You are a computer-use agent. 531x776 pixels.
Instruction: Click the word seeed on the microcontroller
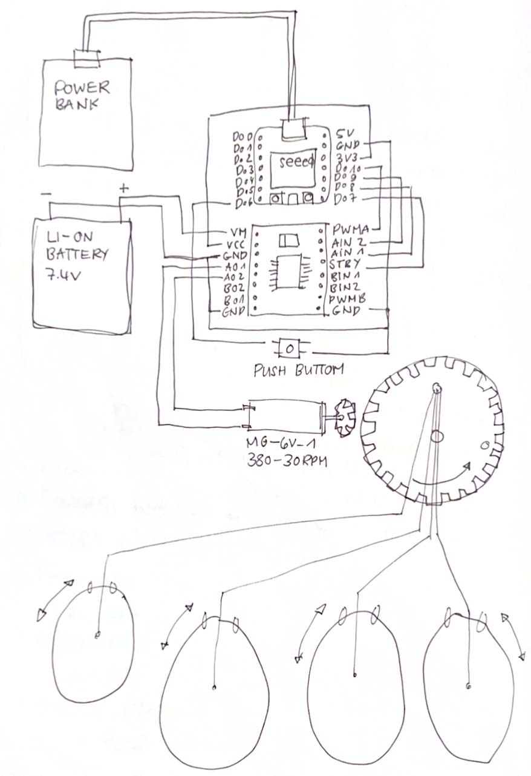296,161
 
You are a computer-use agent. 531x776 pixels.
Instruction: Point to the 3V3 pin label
347,156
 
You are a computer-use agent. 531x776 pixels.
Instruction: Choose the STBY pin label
345,264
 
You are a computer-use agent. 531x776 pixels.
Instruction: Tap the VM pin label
233,232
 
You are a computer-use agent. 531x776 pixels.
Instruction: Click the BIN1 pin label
345,275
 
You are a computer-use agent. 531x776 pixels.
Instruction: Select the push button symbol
290,349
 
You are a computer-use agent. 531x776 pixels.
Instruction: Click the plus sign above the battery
124,188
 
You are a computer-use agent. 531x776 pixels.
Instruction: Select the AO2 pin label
234,277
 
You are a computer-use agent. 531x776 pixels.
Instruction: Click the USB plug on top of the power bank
85,58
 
